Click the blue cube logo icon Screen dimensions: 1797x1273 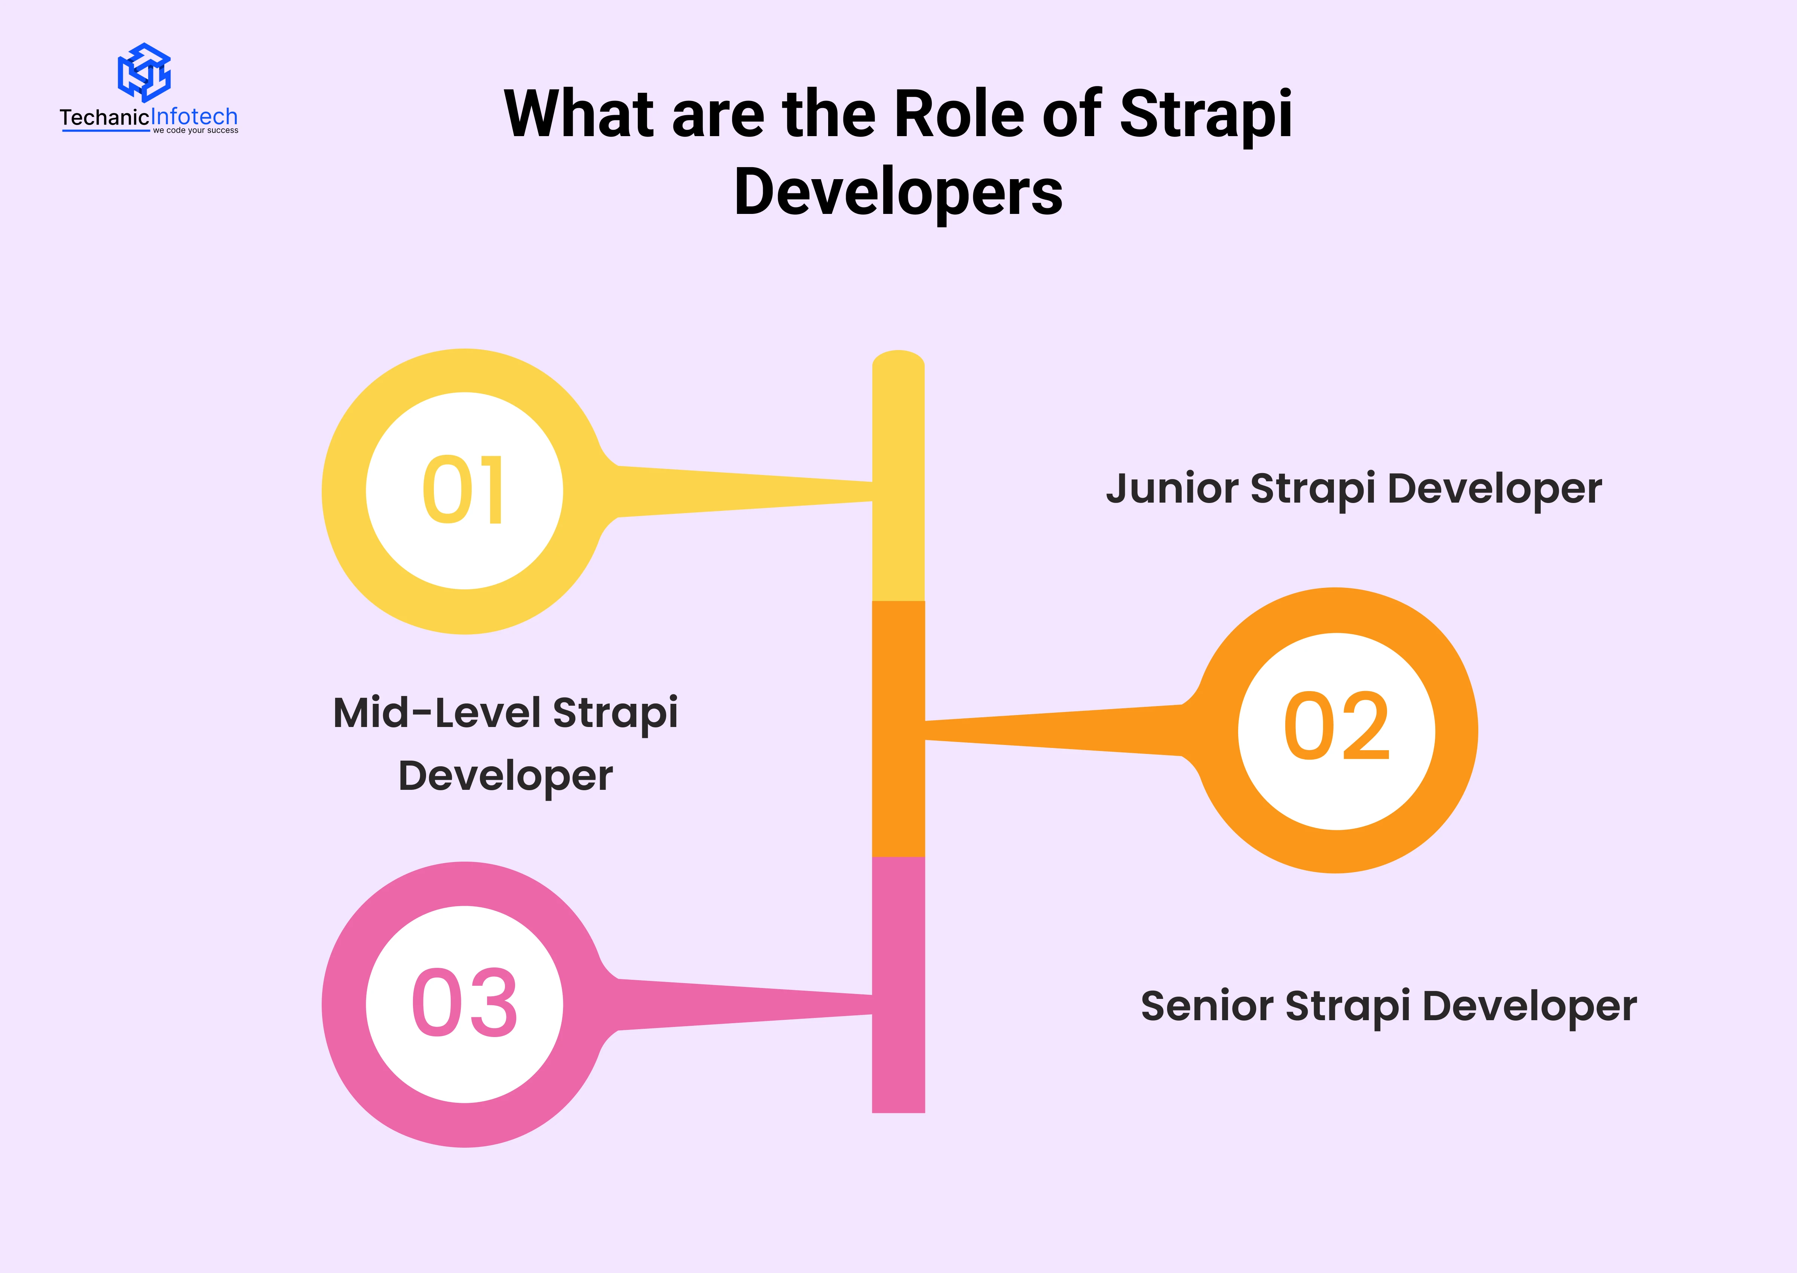(144, 72)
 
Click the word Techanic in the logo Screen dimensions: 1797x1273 (104, 117)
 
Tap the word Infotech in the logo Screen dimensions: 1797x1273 (194, 117)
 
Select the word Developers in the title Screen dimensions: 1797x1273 (898, 192)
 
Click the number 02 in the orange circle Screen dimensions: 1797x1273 (1337, 727)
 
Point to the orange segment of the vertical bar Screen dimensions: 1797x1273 (898, 729)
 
